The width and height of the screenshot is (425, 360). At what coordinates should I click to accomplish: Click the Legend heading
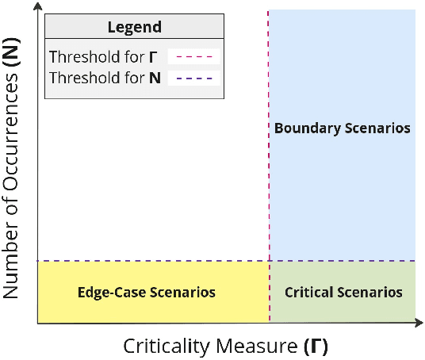click(x=134, y=27)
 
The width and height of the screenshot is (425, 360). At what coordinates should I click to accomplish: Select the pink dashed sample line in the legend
click(x=193, y=57)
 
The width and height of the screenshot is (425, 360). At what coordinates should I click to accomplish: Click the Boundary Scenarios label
click(x=342, y=128)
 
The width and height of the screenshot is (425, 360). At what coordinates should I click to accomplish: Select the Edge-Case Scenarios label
click(x=146, y=293)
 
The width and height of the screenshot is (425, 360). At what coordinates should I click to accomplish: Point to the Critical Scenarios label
click(x=343, y=293)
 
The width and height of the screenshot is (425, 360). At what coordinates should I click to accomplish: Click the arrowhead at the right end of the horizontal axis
click(x=419, y=323)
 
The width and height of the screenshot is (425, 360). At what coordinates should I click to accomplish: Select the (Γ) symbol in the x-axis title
click(x=316, y=347)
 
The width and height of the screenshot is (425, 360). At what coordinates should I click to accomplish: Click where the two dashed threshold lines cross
click(x=270, y=261)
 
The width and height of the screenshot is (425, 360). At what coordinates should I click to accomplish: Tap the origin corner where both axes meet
click(x=38, y=323)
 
